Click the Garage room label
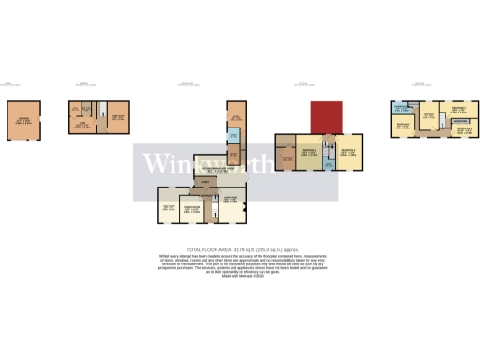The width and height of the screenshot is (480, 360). [22, 121]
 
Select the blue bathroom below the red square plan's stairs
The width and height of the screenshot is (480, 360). [328, 165]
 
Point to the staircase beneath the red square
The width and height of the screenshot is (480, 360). [328, 146]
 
